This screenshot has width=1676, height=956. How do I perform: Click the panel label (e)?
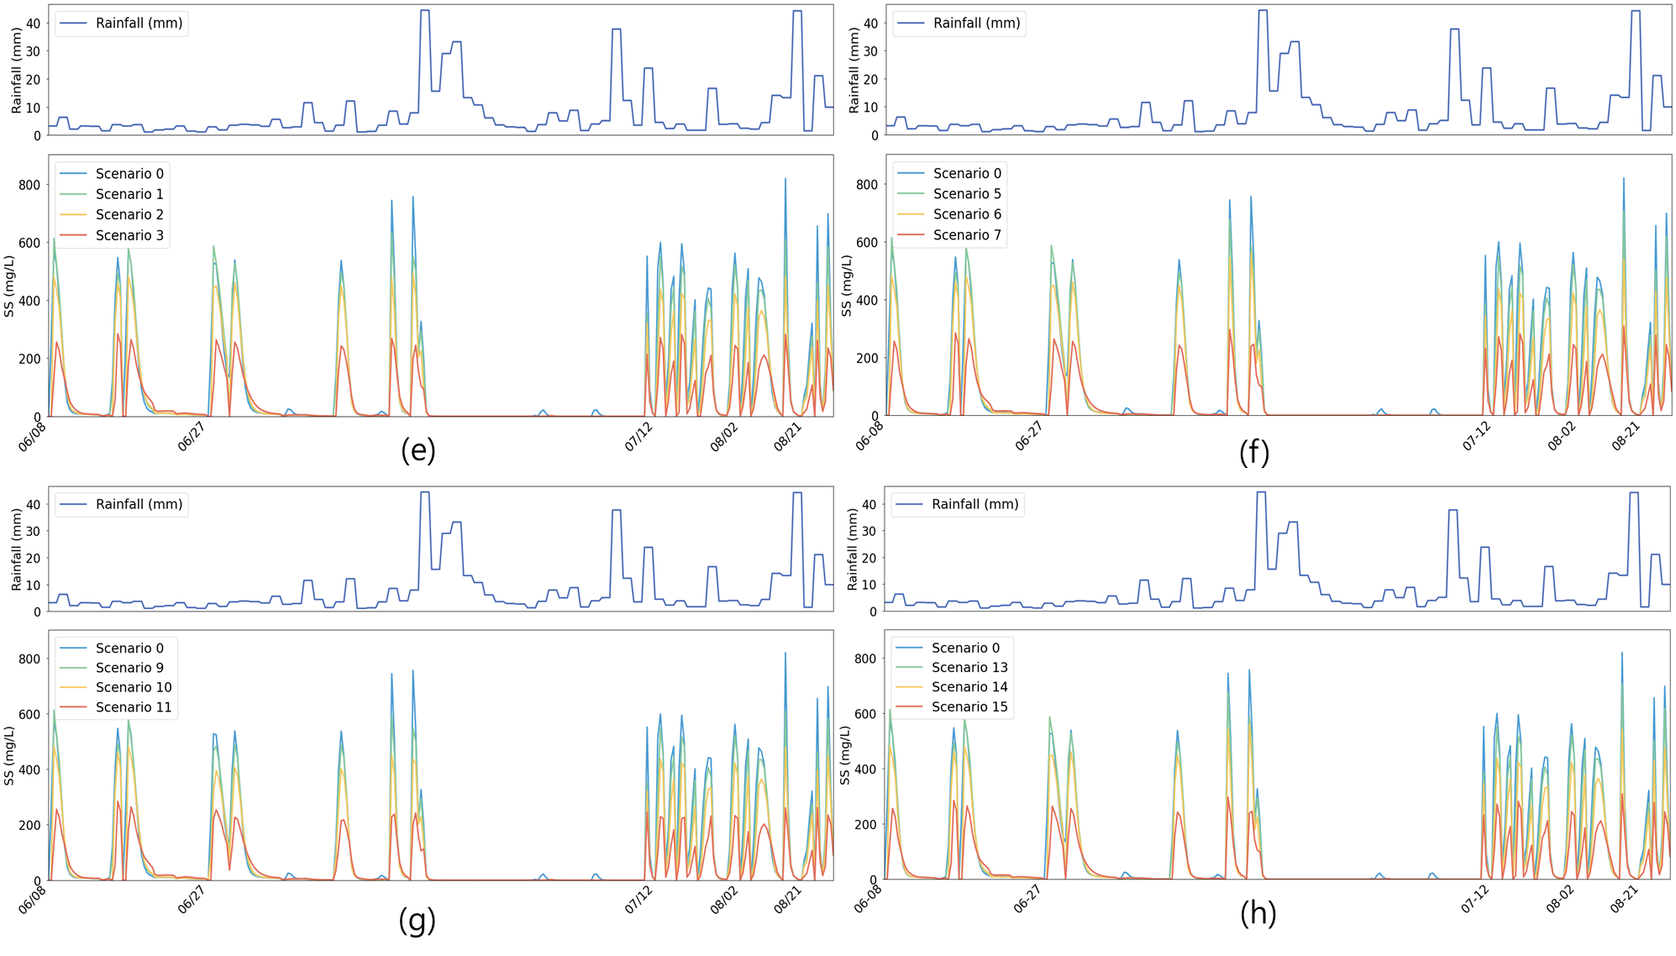point(418,449)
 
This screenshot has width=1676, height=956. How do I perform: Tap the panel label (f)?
point(1253,450)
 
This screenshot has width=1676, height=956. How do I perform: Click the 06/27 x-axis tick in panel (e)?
point(192,437)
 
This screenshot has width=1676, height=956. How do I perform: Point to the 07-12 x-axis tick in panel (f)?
point(1476,437)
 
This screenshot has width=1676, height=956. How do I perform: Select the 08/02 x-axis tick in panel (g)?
point(723,901)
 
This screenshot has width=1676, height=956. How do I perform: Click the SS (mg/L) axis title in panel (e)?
point(9,286)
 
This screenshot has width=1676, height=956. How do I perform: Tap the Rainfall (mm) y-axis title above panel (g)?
point(16,549)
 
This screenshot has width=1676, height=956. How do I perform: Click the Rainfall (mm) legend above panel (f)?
point(959,24)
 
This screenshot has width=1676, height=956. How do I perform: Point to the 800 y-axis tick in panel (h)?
point(864,659)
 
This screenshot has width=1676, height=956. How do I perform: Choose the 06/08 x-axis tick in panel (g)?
point(32,901)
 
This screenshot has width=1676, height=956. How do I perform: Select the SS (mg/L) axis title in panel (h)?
point(845,754)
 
